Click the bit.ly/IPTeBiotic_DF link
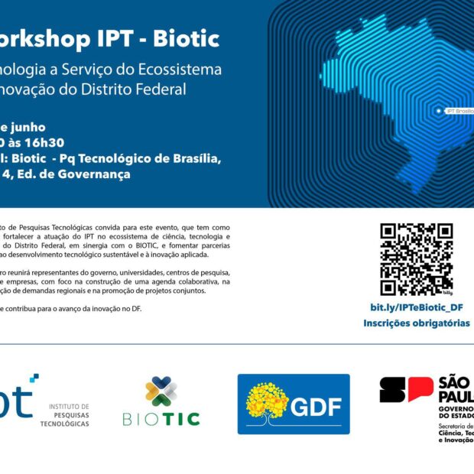pyautogui.click(x=417, y=307)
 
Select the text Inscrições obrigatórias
pyautogui.click(x=417, y=323)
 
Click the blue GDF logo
pyautogui.click(x=294, y=404)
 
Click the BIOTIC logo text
pyautogui.click(x=161, y=419)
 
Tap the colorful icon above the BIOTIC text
pyautogui.click(x=161, y=391)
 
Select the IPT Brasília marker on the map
pyautogui.click(x=438, y=111)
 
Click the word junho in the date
pyautogui.click(x=27, y=127)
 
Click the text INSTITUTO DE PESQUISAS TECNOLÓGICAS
pyautogui.click(x=69, y=415)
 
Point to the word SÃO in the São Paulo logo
pyautogui.click(x=456, y=382)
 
